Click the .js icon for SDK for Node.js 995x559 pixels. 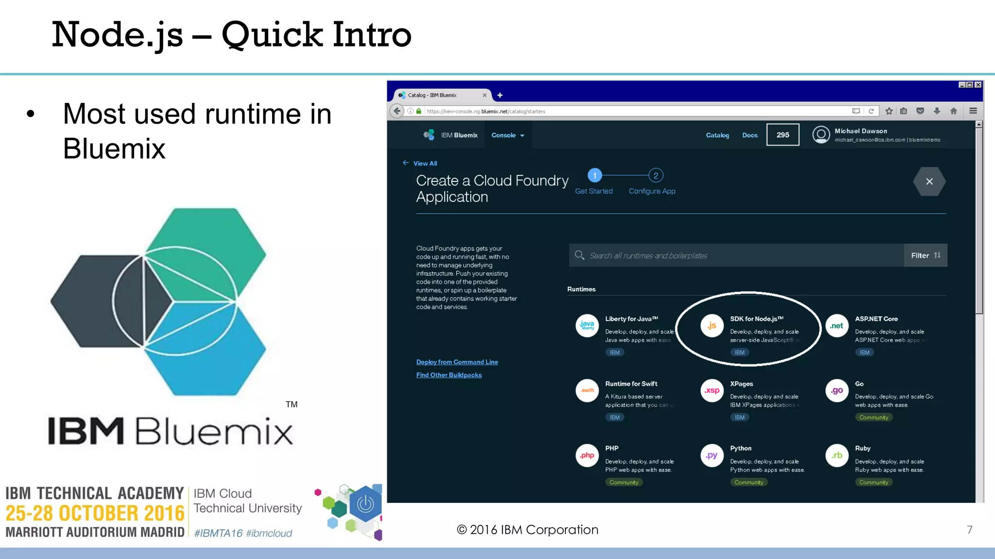coord(712,326)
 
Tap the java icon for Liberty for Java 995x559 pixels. coord(587,326)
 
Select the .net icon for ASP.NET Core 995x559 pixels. coord(837,326)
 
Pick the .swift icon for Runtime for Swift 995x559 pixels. coord(587,391)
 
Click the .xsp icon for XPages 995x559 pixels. coord(712,391)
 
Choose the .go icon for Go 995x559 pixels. coord(837,391)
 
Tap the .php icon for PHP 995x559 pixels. coord(587,456)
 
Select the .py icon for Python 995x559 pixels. coord(712,456)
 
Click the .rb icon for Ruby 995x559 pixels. coord(837,456)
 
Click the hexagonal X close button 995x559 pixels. coord(929,181)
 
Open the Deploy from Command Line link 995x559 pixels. coord(457,362)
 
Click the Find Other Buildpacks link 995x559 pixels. coord(449,375)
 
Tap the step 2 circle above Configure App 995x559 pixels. coord(655,176)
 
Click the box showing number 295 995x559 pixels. coord(783,135)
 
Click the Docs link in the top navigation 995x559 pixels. coord(750,135)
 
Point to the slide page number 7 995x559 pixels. coord(969,530)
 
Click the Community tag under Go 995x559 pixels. coord(874,418)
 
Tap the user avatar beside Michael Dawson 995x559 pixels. coord(821,135)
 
